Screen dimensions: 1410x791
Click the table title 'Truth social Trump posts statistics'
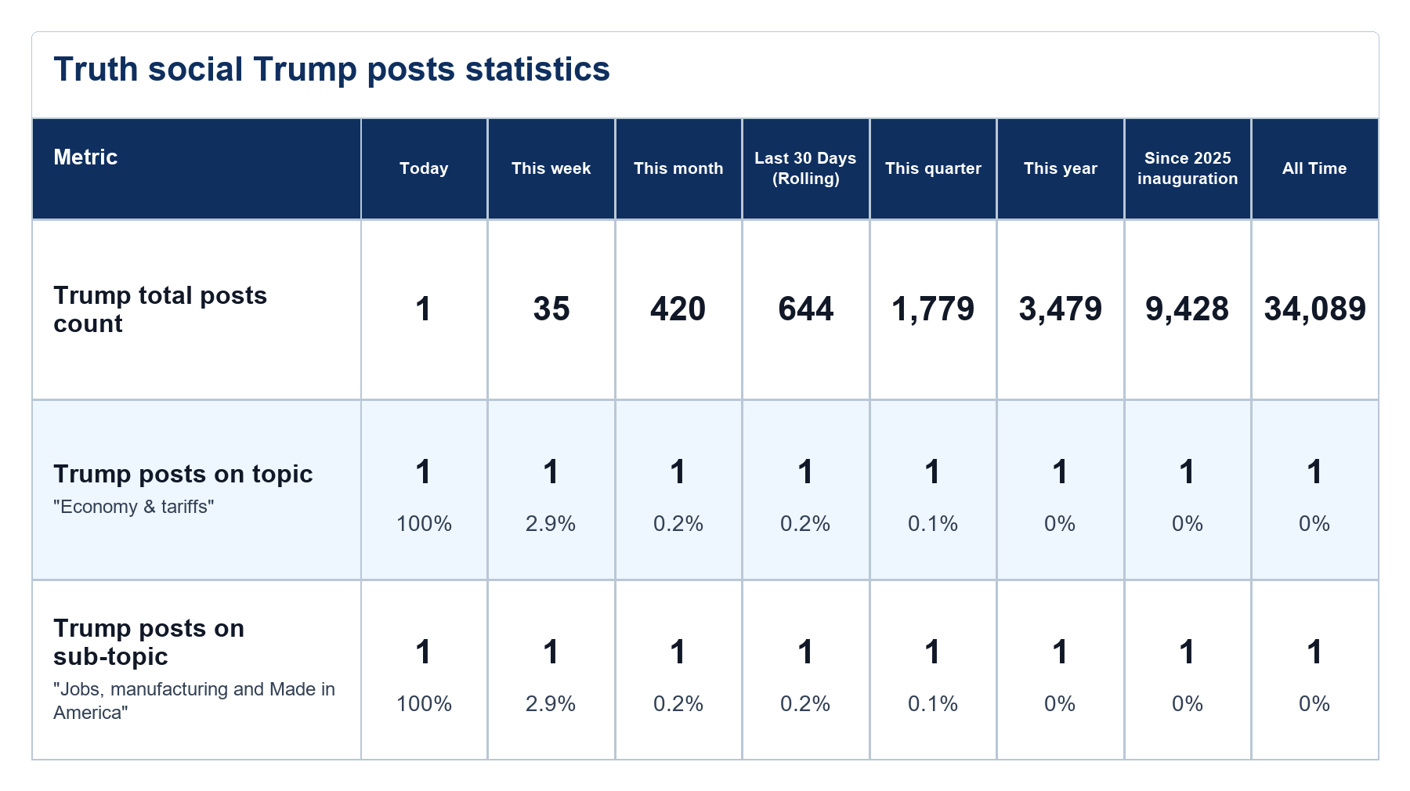tap(331, 69)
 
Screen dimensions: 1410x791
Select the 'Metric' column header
tap(85, 157)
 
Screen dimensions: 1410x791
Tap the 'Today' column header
tap(424, 168)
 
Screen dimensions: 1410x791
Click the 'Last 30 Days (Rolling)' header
tap(805, 168)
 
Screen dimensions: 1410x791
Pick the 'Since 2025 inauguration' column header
tap(1188, 168)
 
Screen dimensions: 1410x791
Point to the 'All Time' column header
tap(1314, 168)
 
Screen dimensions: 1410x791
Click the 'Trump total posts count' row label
tap(161, 309)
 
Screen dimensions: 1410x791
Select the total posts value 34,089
tap(1314, 309)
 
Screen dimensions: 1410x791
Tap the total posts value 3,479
tap(1060, 309)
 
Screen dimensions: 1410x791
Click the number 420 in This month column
tap(678, 309)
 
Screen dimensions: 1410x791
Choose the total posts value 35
tap(551, 309)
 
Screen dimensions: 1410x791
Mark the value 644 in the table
tap(805, 309)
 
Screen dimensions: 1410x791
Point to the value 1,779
tap(933, 309)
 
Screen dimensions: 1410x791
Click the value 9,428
tap(1188, 309)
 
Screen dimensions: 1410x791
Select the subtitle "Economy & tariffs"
tap(134, 507)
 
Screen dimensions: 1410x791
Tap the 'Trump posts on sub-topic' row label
tap(149, 642)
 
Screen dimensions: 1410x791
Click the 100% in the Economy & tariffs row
tap(424, 524)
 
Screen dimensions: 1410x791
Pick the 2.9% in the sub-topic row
tap(551, 704)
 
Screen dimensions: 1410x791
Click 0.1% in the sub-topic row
tap(933, 704)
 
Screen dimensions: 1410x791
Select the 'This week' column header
tap(551, 168)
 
